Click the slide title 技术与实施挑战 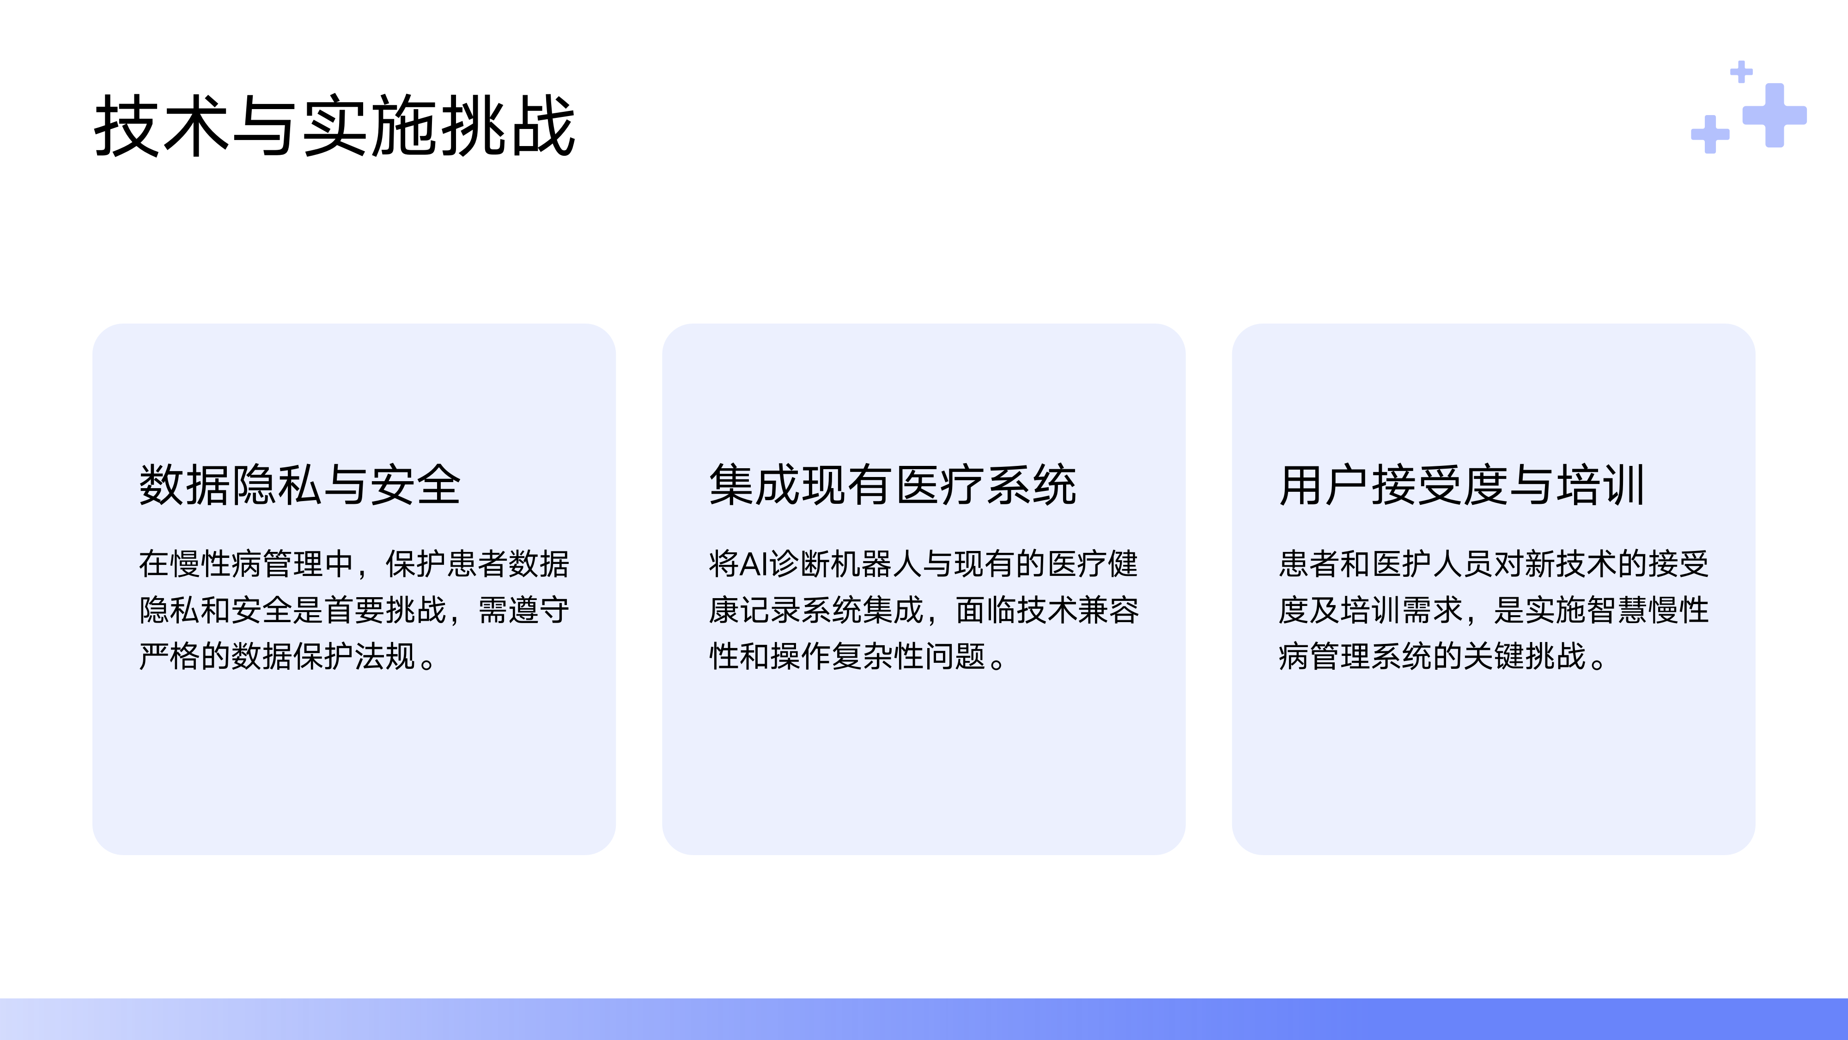click(334, 126)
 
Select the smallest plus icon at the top click(1741, 72)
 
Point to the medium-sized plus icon click(1710, 134)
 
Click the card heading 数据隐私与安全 click(299, 485)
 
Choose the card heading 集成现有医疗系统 click(893, 485)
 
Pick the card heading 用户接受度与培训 click(1461, 485)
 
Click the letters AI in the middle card click(753, 564)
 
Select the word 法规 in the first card click(385, 656)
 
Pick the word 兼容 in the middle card click(1108, 610)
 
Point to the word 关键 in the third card click(1494, 656)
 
